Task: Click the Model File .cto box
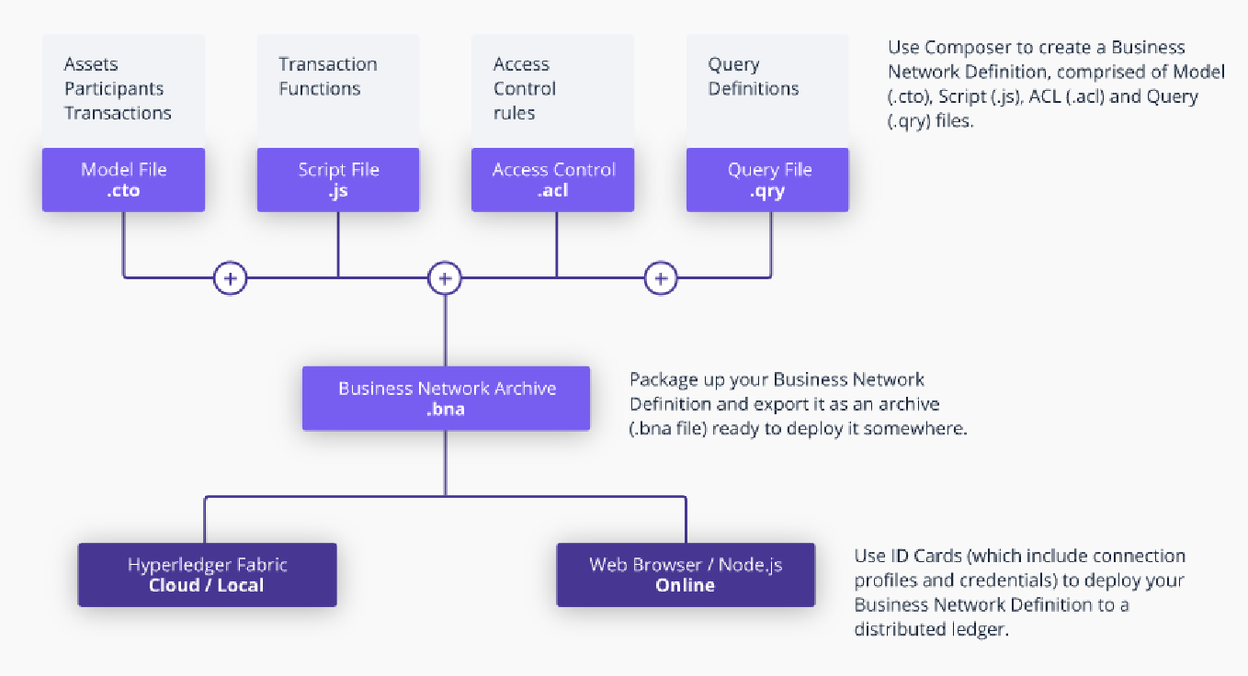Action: (x=124, y=180)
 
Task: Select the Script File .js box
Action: (x=338, y=180)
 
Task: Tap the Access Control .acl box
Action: (x=552, y=180)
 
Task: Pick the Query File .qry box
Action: (x=767, y=180)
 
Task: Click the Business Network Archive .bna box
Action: (x=446, y=398)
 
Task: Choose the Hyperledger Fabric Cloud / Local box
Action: (x=208, y=575)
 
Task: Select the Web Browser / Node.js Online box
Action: (x=686, y=575)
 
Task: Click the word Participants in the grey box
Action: (x=114, y=89)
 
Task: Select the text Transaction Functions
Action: (x=327, y=76)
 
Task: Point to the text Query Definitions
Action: (x=754, y=76)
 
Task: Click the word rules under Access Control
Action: (x=515, y=113)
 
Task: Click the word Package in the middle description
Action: (x=664, y=380)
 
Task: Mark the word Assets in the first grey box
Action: (x=91, y=64)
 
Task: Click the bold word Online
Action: (x=686, y=585)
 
